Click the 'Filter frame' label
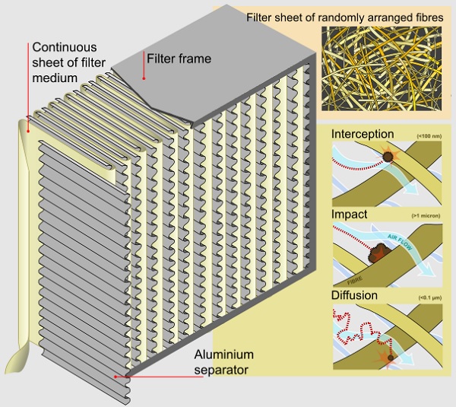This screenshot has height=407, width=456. [179, 58]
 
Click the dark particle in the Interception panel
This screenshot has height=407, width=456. [389, 157]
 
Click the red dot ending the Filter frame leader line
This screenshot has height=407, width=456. [144, 78]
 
